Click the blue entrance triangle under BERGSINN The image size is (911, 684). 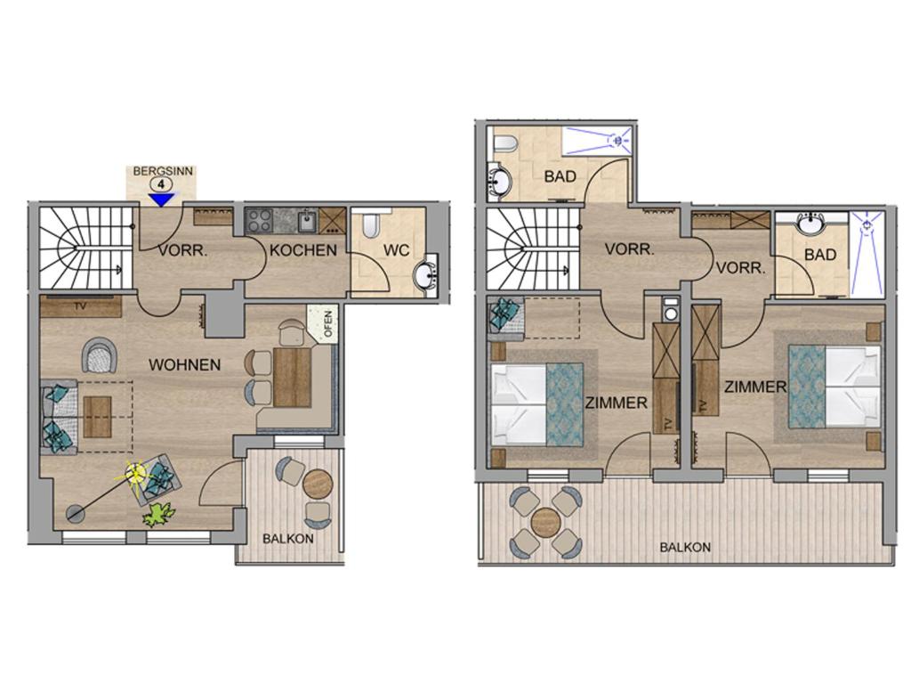[x=161, y=200]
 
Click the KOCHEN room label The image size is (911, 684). [x=303, y=250]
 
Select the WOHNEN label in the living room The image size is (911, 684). [x=185, y=364]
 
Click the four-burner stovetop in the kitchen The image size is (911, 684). [x=259, y=221]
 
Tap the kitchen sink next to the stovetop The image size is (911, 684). [x=307, y=221]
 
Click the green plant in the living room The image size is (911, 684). [x=158, y=514]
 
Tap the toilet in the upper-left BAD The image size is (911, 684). [x=504, y=143]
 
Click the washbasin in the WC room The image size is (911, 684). [x=427, y=276]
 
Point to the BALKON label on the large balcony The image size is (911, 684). [x=685, y=548]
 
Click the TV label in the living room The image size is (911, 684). [x=80, y=305]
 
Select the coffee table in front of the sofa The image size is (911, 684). [x=97, y=417]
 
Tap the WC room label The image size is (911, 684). [x=396, y=250]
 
